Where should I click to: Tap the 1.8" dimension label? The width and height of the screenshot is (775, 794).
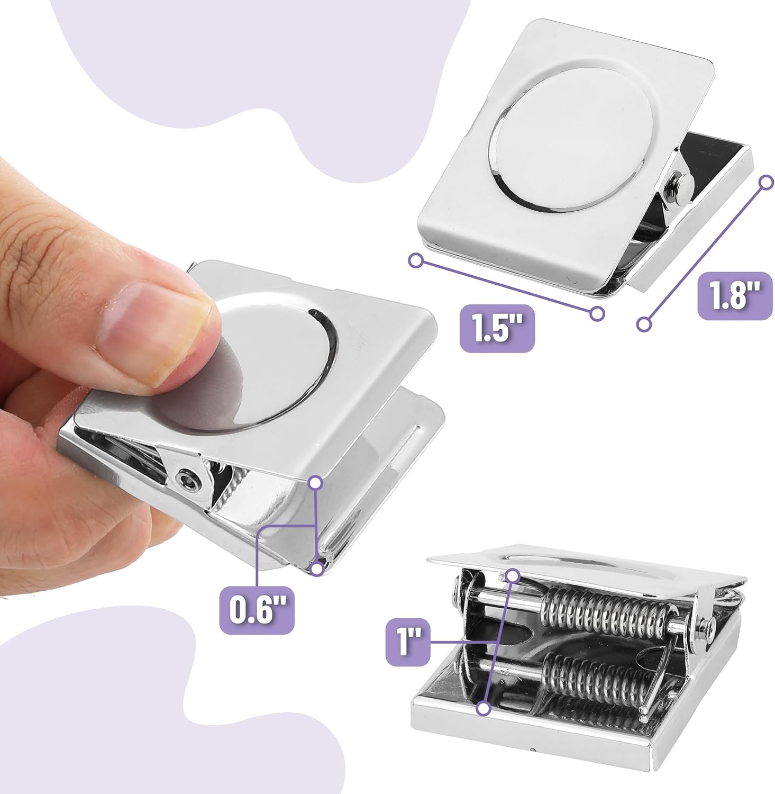point(735,296)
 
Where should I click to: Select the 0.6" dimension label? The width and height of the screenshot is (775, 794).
point(257,610)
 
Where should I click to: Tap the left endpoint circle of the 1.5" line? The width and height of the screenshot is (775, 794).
point(417,260)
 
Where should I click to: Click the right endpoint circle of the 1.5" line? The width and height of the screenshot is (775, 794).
point(597,314)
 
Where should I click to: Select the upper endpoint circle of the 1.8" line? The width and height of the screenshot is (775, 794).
point(766,183)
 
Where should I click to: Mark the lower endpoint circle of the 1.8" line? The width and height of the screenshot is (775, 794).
point(643,324)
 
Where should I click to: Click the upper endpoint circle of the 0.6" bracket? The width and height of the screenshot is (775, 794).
point(316,482)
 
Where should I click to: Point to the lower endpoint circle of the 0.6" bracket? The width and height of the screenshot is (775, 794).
point(317,569)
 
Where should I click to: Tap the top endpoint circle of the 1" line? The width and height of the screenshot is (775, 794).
point(512,575)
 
